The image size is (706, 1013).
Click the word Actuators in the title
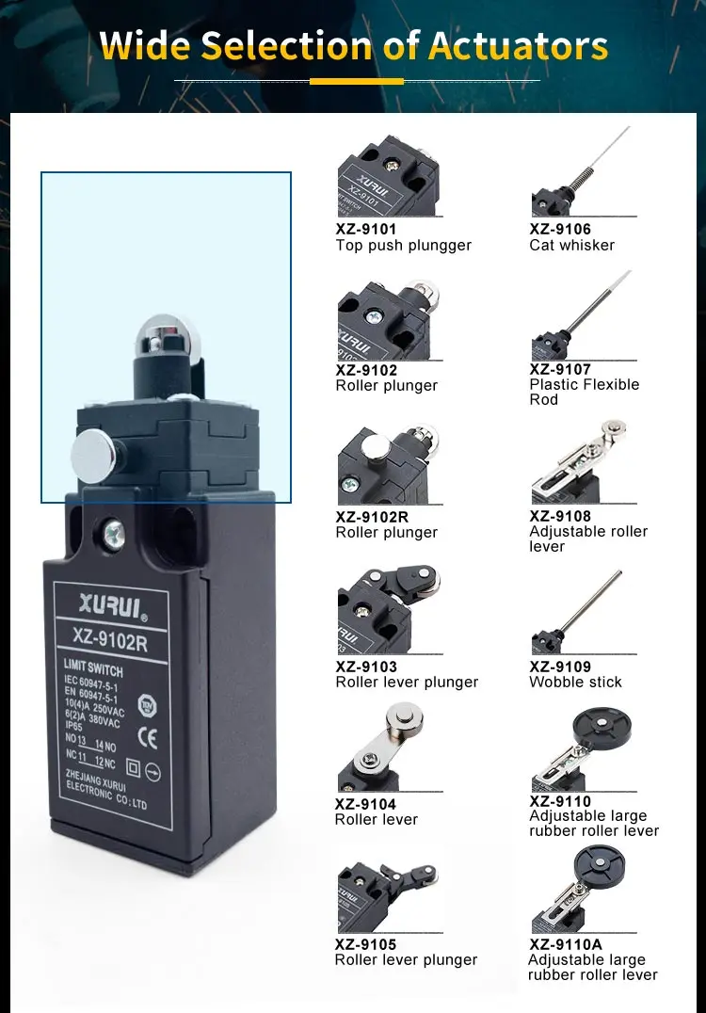point(519,45)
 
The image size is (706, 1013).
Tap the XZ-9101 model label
point(366,229)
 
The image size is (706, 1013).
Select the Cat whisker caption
point(571,246)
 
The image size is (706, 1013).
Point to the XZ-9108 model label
point(560,516)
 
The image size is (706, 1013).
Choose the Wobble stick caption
point(575,683)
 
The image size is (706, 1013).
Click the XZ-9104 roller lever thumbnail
point(380,753)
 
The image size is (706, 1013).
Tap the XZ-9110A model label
point(566,944)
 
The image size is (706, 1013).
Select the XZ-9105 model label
point(366,944)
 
